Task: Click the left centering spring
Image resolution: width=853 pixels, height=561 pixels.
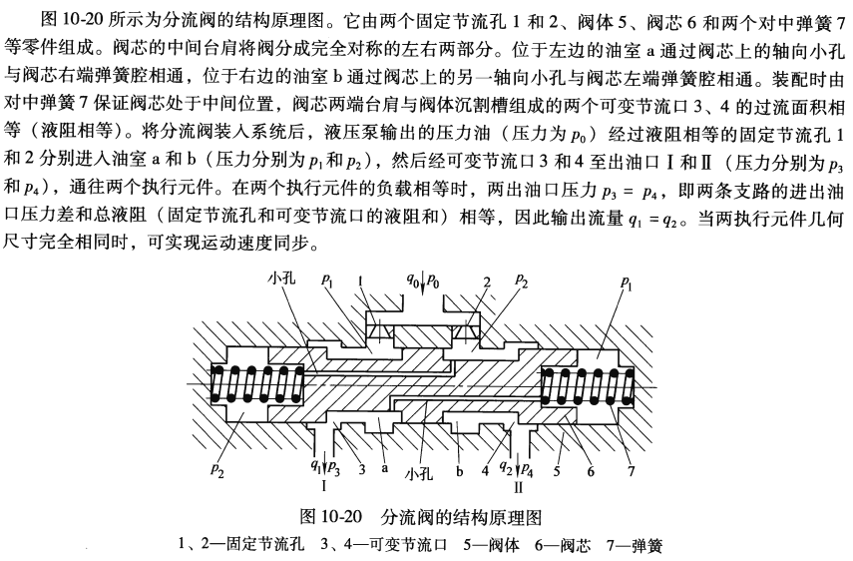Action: (257, 384)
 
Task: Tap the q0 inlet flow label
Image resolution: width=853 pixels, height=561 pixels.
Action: (412, 280)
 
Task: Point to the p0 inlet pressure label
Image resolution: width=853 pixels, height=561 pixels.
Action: (434, 280)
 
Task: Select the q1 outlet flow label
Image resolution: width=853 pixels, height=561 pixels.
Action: (315, 466)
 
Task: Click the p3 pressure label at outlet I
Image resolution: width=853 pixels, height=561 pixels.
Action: (334, 469)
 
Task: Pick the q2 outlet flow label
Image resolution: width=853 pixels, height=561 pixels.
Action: (506, 467)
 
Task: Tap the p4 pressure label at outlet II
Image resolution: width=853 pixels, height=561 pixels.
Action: (527, 469)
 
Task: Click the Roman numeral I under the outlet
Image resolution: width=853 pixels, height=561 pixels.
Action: (324, 485)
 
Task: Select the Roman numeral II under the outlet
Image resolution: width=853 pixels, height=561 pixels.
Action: (519, 486)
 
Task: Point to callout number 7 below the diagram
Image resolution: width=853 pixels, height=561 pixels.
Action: (631, 471)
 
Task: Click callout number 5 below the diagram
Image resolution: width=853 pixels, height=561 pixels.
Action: (557, 470)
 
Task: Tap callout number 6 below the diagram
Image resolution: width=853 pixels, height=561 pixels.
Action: (591, 471)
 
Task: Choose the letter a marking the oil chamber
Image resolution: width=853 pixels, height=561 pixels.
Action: (385, 468)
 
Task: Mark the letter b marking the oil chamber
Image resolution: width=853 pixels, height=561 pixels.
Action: (460, 470)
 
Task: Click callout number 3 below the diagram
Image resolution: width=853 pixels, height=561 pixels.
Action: (362, 469)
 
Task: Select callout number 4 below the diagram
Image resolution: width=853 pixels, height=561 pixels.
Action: (485, 470)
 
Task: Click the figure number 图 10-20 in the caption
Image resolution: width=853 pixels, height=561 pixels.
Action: (331, 516)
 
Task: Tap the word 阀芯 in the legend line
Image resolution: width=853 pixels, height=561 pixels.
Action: (576, 545)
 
